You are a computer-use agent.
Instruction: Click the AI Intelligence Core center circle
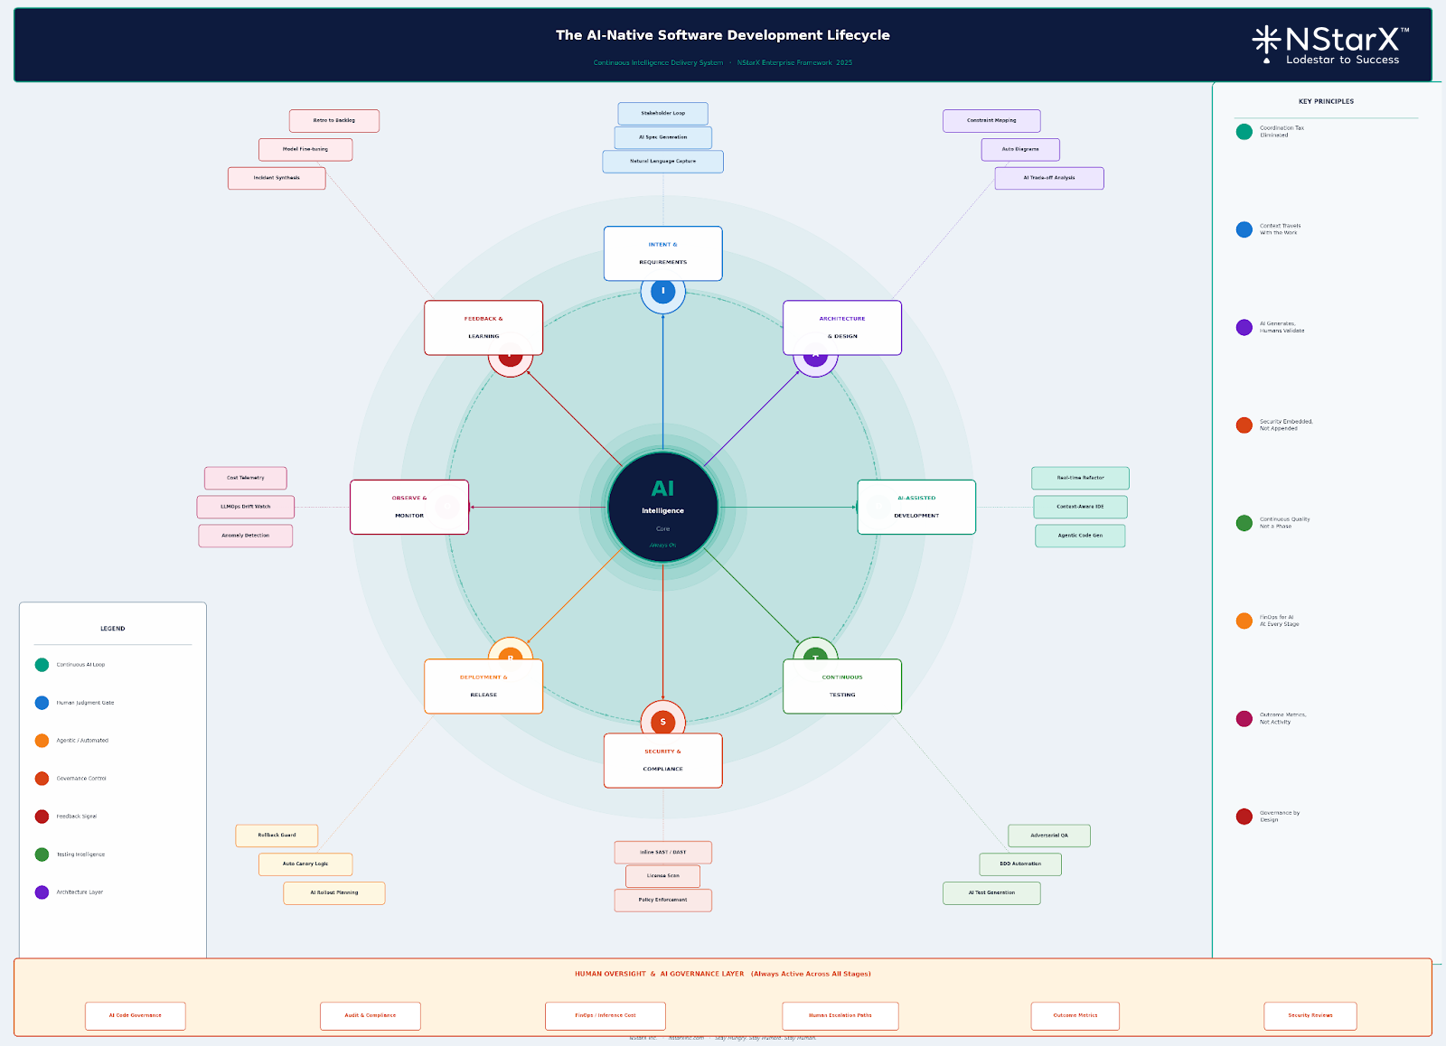(662, 508)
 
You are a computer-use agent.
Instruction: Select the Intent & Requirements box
(662, 254)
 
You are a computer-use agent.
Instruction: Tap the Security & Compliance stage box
(662, 761)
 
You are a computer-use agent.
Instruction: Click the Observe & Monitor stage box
(409, 507)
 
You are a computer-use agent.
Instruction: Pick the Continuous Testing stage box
(841, 686)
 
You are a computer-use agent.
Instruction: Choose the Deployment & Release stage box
(484, 686)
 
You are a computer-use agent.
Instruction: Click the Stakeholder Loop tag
(662, 114)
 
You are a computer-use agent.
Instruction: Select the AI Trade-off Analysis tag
(1048, 178)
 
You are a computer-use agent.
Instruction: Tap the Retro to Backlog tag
(333, 121)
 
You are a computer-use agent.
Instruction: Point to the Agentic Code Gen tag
(1080, 536)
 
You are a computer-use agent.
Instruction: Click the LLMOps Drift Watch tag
(245, 507)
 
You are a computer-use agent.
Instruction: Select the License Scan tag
(662, 876)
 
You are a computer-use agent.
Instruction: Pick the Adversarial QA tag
(1048, 836)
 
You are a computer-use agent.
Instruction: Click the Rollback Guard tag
(277, 836)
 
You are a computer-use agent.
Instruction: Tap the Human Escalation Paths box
(840, 1015)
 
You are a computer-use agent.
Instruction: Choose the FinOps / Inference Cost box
(605, 1015)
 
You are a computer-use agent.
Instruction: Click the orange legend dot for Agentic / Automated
(42, 741)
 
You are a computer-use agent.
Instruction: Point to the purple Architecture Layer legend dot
(42, 892)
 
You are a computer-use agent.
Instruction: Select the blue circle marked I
(662, 292)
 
